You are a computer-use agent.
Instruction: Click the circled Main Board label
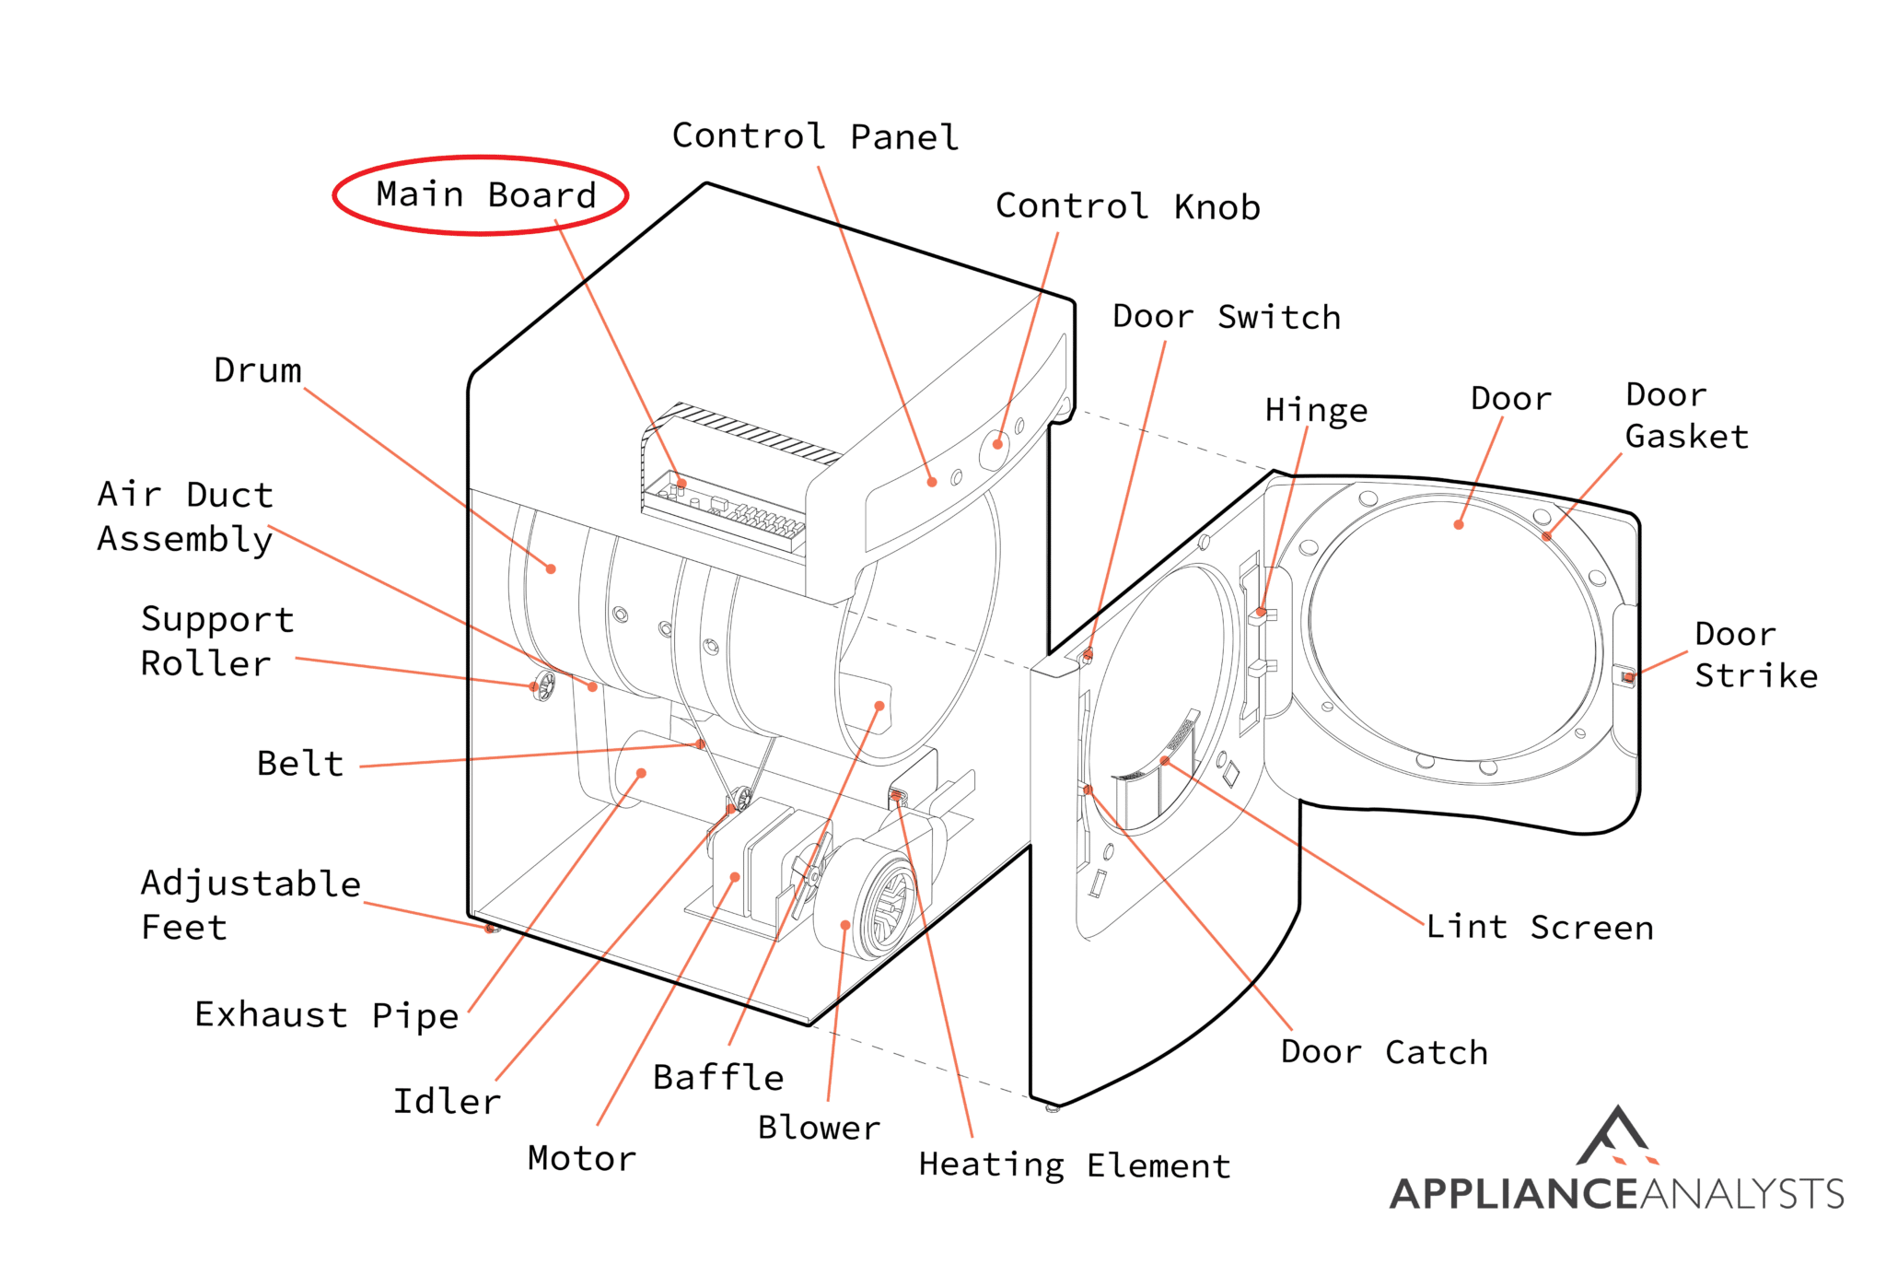tap(485, 195)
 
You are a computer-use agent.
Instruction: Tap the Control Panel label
tap(815, 136)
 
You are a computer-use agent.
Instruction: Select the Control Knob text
tap(1127, 206)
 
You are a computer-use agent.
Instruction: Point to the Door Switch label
tap(1226, 317)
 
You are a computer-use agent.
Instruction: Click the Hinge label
tap(1316, 410)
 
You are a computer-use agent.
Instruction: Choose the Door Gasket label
tap(1685, 415)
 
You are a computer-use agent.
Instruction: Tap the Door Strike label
tap(1755, 655)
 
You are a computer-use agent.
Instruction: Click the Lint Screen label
tap(1540, 927)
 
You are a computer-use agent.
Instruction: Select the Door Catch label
tap(1383, 1052)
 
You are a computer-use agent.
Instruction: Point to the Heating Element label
tap(1074, 1165)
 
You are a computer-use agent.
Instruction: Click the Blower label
tap(819, 1128)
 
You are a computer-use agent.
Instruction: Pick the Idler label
tap(447, 1101)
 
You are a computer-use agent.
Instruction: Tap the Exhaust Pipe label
tap(326, 1014)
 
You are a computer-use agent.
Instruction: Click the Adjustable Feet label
tap(249, 905)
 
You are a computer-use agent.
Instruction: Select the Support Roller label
tap(216, 641)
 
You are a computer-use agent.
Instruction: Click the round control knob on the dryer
tap(995, 448)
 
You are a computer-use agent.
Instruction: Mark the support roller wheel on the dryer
tap(544, 685)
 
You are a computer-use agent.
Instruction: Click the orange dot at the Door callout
tap(1459, 525)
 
